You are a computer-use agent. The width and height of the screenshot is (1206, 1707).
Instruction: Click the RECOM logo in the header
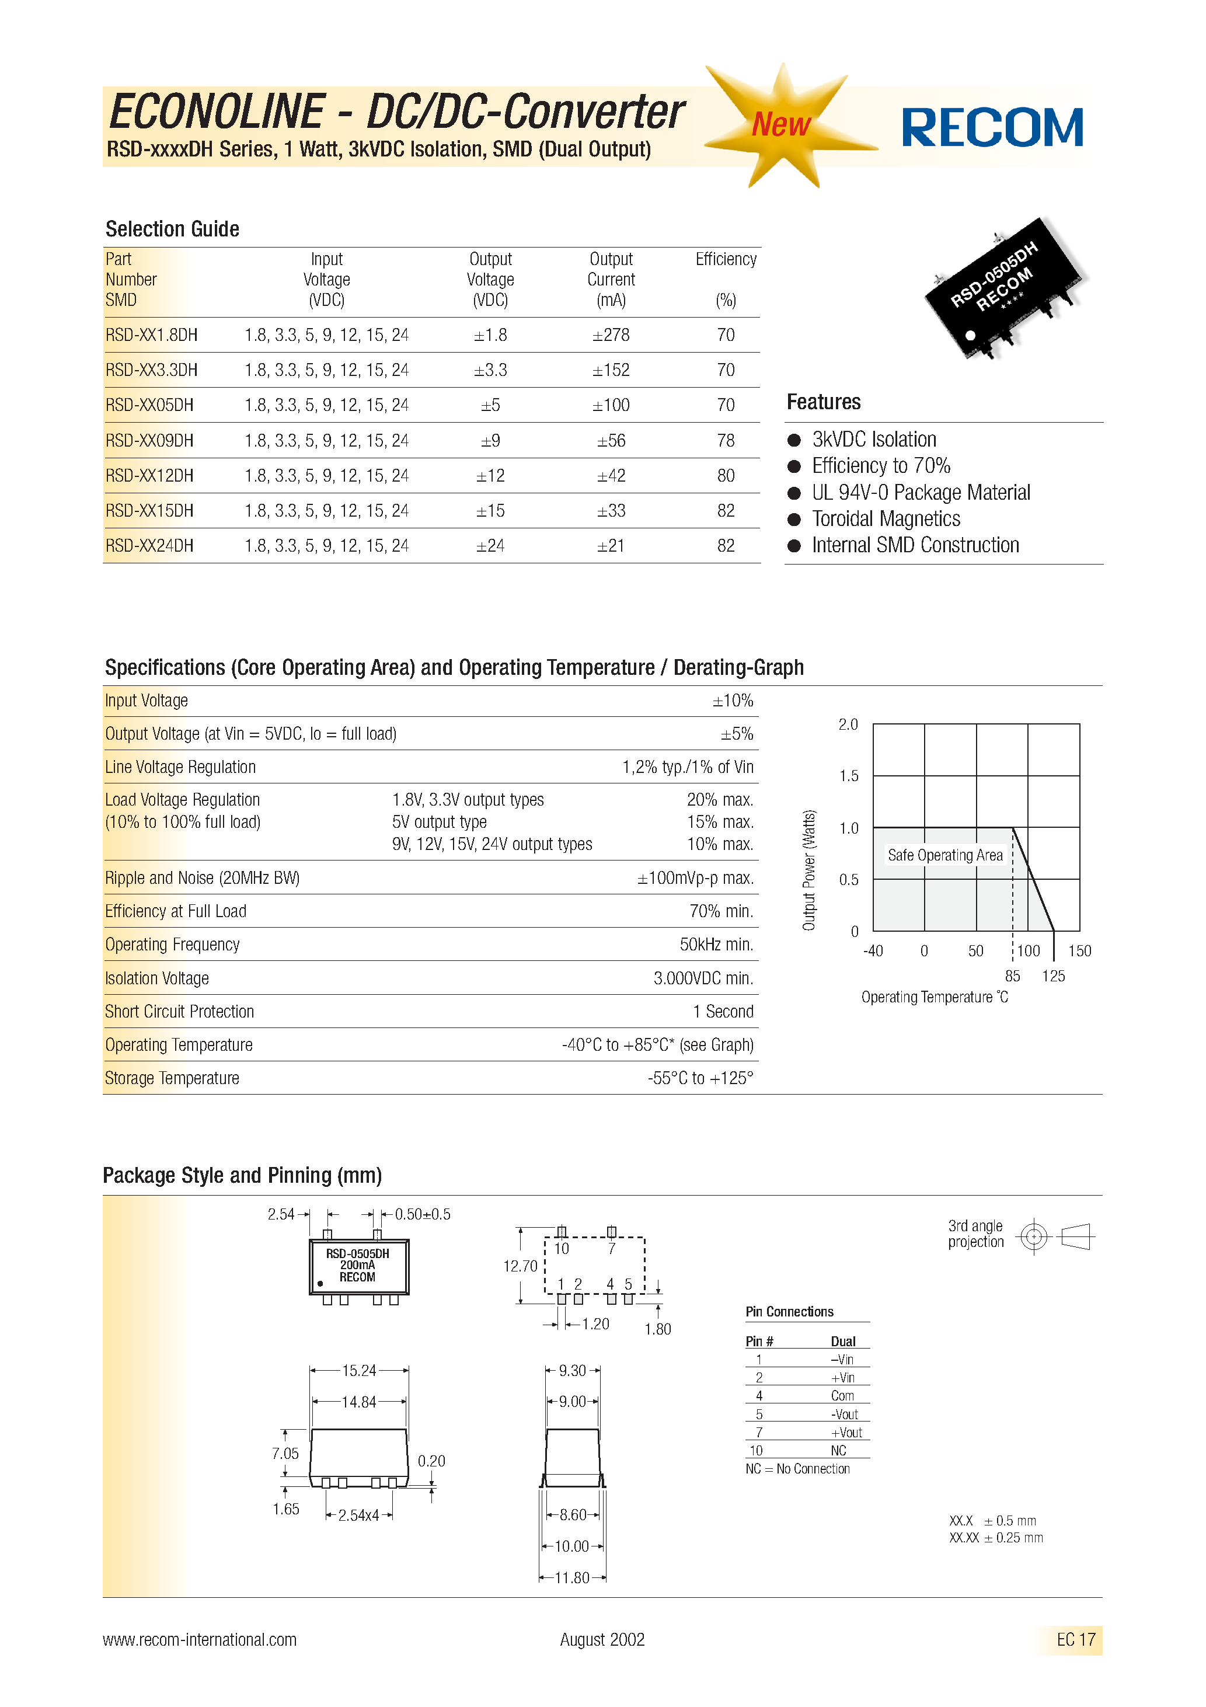[992, 128]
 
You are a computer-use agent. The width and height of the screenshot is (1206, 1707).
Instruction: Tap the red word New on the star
[780, 124]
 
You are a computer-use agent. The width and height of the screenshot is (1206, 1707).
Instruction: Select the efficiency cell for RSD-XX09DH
[726, 441]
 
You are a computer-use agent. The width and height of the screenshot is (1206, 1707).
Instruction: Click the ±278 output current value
[611, 335]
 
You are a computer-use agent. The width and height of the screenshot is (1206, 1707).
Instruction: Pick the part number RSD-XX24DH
[149, 546]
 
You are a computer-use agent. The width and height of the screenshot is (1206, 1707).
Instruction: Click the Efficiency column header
[726, 259]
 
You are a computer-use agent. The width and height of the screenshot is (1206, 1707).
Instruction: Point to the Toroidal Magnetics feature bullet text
[886, 519]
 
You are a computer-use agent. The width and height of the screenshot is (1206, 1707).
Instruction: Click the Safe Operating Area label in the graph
[944, 856]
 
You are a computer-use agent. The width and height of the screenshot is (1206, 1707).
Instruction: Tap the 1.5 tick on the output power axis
[848, 776]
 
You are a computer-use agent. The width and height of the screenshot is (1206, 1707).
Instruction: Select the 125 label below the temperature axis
[1053, 976]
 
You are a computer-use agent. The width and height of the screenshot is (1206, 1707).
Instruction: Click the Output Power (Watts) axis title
[809, 870]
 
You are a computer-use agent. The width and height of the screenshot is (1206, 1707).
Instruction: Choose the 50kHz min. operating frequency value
[716, 945]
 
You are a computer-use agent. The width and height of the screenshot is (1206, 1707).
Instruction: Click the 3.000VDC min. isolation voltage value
[703, 978]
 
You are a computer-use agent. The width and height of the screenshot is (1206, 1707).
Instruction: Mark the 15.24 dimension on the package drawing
[359, 1370]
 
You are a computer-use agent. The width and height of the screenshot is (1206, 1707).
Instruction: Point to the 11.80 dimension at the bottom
[572, 1577]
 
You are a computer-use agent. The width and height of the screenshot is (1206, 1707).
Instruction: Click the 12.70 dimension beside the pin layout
[520, 1266]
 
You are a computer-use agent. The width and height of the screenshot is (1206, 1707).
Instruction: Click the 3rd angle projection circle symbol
[1033, 1237]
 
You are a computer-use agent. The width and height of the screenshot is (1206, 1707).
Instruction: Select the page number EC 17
[1075, 1639]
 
